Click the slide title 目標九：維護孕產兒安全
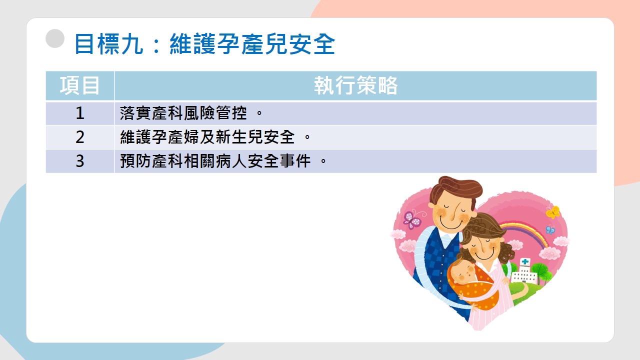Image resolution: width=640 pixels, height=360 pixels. coord(204,44)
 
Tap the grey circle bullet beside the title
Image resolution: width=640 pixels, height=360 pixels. coord(55,38)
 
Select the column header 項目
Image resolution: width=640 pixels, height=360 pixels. coord(79,85)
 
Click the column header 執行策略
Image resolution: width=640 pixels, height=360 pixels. coord(355,85)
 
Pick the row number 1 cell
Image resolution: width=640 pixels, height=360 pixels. coord(80,113)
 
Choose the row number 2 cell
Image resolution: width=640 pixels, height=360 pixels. coord(80,137)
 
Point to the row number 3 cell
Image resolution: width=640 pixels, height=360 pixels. coord(80,161)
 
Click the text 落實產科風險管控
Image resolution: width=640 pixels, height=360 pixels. coord(183,113)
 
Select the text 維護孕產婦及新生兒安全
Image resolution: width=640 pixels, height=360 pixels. coord(207,137)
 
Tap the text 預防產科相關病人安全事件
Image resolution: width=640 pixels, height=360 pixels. coord(215,161)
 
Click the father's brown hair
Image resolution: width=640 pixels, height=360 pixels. coord(457,187)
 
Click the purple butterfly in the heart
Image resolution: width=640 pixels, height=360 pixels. coord(412,220)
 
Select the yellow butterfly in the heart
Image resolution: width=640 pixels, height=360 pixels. coord(553,212)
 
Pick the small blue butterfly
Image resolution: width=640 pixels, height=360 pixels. coord(550,229)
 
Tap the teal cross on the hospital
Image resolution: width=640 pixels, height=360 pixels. coord(525,261)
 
